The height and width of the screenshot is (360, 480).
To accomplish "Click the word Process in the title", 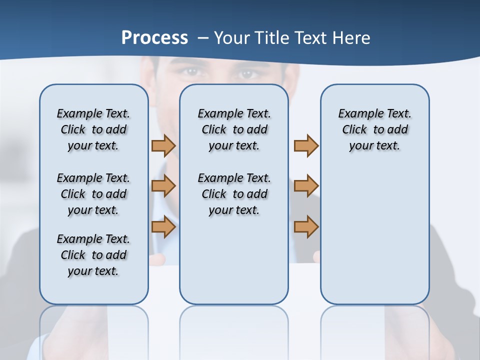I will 154,38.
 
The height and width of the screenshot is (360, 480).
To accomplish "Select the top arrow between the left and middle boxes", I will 163,145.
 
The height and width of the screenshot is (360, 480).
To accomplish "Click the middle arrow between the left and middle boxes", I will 163,186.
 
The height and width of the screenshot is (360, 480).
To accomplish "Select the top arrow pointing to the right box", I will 306,145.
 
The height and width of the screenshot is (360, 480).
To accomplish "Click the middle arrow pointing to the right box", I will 306,186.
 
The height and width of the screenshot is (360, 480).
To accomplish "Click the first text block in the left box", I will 93,129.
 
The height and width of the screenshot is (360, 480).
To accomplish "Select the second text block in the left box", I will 93,194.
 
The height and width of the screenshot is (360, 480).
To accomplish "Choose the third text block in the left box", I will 93,255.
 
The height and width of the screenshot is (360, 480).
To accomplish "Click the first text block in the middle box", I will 234,129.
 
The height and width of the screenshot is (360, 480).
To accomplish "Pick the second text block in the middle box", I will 234,194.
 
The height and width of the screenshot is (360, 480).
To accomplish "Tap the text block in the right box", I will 375,129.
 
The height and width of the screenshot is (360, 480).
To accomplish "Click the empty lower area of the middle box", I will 234,260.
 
